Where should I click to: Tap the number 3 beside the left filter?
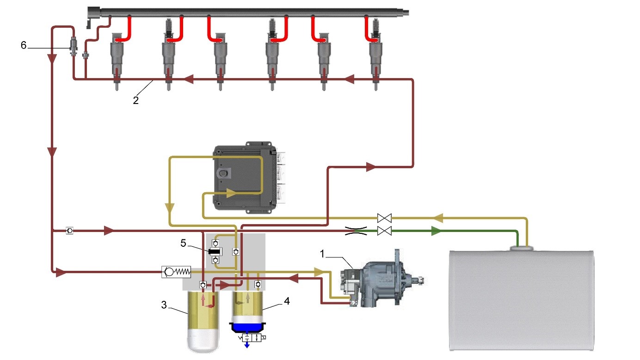tap(164, 305)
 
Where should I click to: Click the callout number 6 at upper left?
tap(24, 45)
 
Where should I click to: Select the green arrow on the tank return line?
tap(436, 231)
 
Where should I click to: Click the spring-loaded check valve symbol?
tap(176, 272)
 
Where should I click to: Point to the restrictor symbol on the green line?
tap(356, 231)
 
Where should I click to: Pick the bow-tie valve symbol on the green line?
tap(384, 231)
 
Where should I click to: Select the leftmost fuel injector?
tap(118, 58)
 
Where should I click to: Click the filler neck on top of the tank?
tap(522, 249)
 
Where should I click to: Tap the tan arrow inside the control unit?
tap(231, 191)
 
